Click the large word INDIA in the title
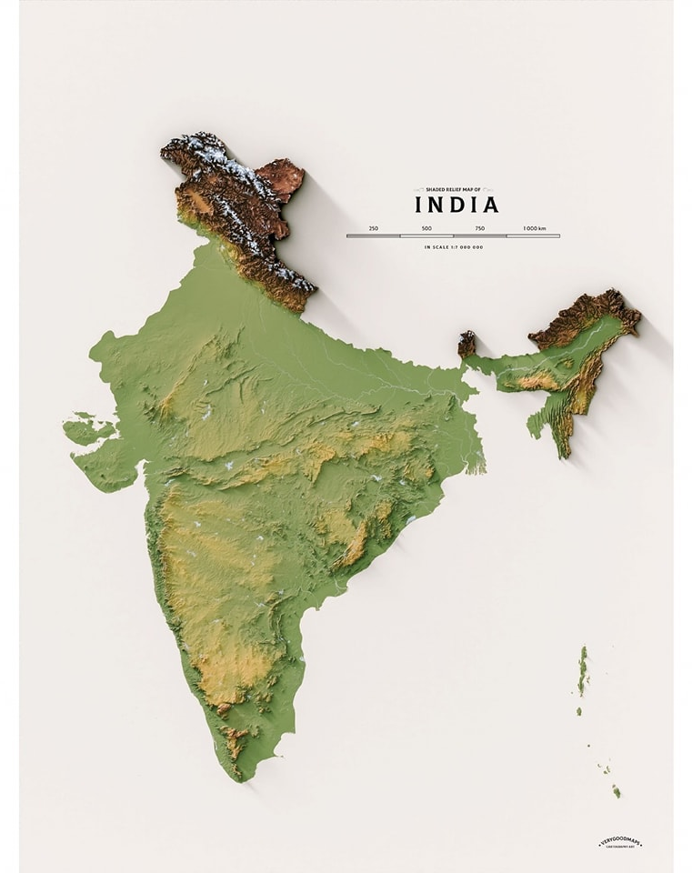[456, 205]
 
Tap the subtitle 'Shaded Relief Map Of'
[453, 189]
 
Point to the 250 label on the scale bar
[374, 228]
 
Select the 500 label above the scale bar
[426, 228]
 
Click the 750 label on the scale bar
[479, 228]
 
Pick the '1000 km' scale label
[535, 228]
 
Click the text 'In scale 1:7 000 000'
[453, 247]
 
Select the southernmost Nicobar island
[616, 792]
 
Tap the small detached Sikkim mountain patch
[466, 344]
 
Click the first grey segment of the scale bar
[374, 236]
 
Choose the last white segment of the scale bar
[533, 236]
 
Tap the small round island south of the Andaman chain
[578, 711]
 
